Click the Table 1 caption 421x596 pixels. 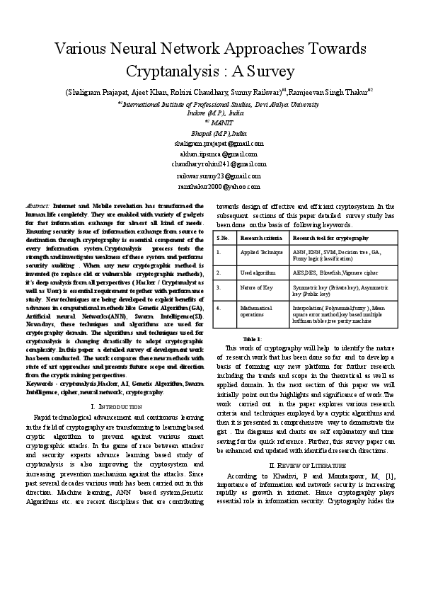point(252,339)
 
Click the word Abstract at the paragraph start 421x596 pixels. point(37,203)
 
